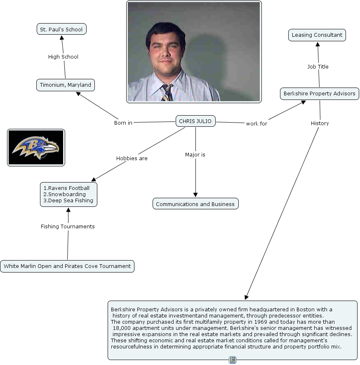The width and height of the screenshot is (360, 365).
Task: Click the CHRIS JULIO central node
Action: pyautogui.click(x=195, y=121)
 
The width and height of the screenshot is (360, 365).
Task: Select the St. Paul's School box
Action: pyautogui.click(x=61, y=29)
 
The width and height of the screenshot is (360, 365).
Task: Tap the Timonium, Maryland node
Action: pyautogui.click(x=65, y=85)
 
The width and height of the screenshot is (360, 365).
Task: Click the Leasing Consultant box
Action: pyautogui.click(x=317, y=35)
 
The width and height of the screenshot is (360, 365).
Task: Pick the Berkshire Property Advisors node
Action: pyautogui.click(x=319, y=94)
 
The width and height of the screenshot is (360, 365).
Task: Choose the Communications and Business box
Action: pyautogui.click(x=195, y=204)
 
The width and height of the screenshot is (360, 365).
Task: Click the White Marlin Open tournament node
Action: pyautogui.click(x=67, y=266)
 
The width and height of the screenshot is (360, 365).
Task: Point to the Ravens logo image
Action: pyautogui.click(x=36, y=147)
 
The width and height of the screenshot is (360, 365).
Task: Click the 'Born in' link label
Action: pyautogui.click(x=123, y=123)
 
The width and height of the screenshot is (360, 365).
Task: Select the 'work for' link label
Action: pyautogui.click(x=256, y=123)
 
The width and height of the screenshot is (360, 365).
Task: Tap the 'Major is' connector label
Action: pyautogui.click(x=195, y=155)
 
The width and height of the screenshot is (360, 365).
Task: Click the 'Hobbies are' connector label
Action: pyautogui.click(x=132, y=159)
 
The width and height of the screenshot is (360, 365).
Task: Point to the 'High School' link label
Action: pyautogui.click(x=63, y=57)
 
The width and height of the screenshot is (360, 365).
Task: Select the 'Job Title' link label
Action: pyautogui.click(x=318, y=67)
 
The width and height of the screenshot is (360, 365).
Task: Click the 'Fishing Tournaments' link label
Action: pyautogui.click(x=68, y=227)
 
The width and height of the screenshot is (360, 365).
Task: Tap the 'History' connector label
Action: pyautogui.click(x=320, y=123)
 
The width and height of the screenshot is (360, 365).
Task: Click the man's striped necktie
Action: pyautogui.click(x=167, y=92)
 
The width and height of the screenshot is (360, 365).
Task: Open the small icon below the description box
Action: pyautogui.click(x=233, y=360)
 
